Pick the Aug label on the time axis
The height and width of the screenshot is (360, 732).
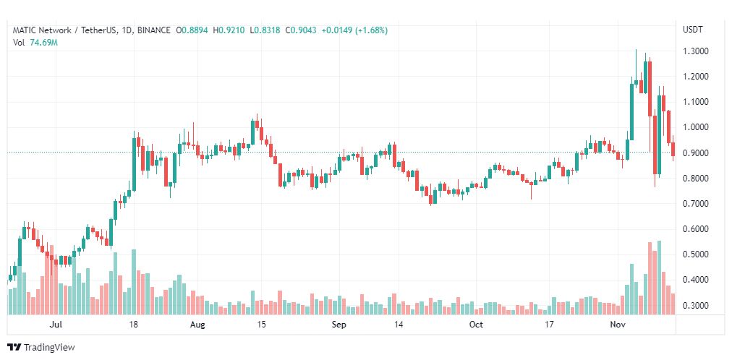[197, 325]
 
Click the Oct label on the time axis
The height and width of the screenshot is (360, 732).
[476, 325]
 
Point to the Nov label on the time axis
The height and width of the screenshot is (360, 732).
[616, 325]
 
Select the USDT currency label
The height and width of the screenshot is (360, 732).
[693, 30]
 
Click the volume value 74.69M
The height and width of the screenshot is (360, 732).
[43, 43]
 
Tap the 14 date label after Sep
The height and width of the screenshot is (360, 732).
[399, 325]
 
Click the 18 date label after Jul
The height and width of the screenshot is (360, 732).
[133, 325]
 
